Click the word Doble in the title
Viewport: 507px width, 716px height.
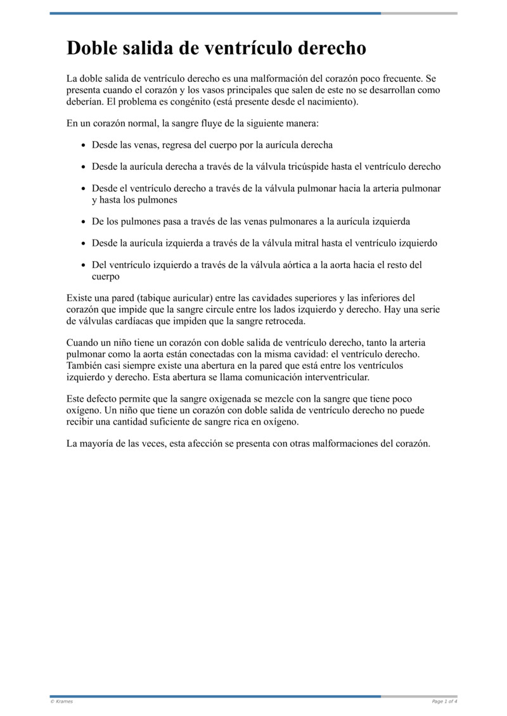pyautogui.click(x=94, y=49)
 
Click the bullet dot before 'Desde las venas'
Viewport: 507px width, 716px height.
pyautogui.click(x=84, y=146)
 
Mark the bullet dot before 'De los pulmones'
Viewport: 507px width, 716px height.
pyautogui.click(x=84, y=222)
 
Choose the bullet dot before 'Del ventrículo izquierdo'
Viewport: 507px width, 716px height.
pyautogui.click(x=84, y=265)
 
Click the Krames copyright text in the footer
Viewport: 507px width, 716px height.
pyautogui.click(x=61, y=701)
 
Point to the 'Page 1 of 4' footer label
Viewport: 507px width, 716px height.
pyautogui.click(x=444, y=701)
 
